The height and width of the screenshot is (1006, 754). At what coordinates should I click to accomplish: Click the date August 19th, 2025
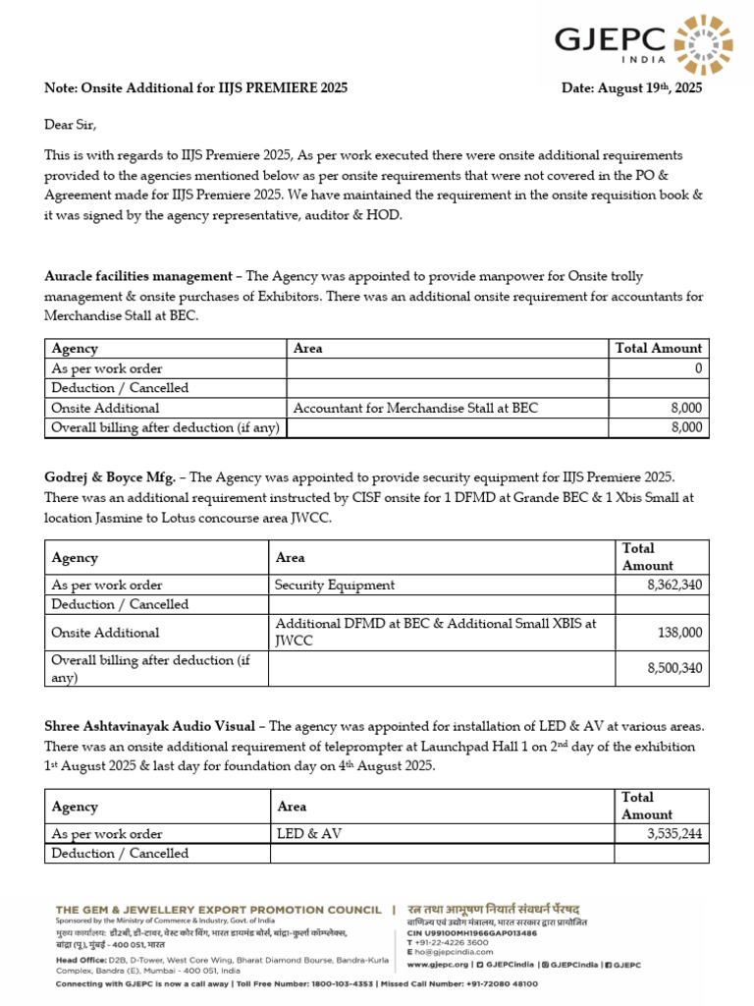631,88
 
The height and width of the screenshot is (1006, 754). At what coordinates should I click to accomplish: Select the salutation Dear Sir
72,125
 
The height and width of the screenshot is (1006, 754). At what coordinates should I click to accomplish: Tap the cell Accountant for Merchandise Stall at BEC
416,408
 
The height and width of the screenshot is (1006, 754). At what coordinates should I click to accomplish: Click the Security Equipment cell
335,585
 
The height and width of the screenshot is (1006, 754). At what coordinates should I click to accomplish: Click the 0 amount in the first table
697,368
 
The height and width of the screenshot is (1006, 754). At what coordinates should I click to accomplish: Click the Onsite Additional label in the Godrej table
105,633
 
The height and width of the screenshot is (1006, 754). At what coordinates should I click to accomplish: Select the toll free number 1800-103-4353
321,983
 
